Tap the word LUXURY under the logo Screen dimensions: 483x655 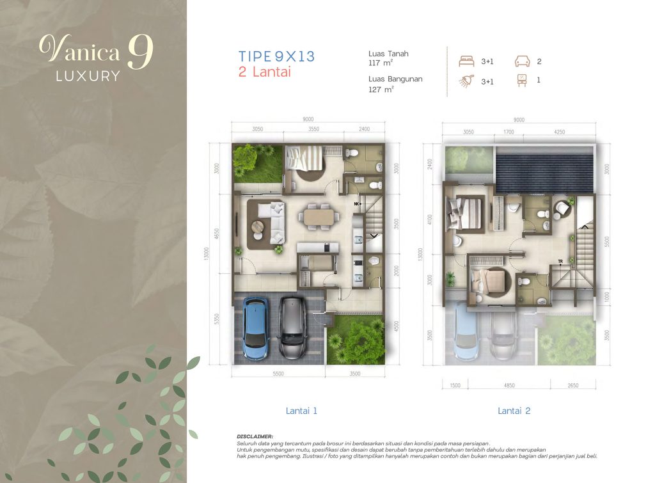click(88, 75)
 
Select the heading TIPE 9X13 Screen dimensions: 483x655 click(276, 56)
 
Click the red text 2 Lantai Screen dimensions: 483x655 click(264, 72)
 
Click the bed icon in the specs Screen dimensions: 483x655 click(466, 62)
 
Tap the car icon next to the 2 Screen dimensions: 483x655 click(522, 62)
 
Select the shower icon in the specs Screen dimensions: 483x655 click(466, 81)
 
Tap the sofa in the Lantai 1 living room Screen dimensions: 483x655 click(270, 218)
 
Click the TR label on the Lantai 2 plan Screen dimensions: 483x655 click(560, 261)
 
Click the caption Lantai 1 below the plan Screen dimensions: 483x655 click(301, 411)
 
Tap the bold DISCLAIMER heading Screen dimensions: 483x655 click(255, 436)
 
